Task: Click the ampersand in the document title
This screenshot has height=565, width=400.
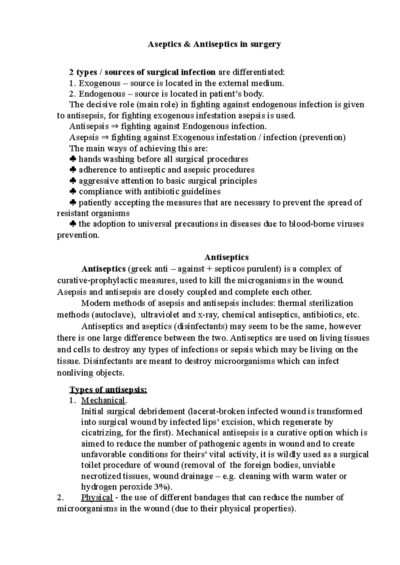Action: [186, 44]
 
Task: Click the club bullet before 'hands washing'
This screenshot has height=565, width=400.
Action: [73, 159]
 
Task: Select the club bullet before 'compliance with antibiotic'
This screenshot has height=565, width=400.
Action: [73, 192]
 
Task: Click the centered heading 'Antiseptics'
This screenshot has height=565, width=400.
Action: [226, 257]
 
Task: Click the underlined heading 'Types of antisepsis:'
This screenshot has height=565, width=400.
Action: [108, 390]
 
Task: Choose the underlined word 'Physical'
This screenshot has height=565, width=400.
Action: [97, 498]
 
